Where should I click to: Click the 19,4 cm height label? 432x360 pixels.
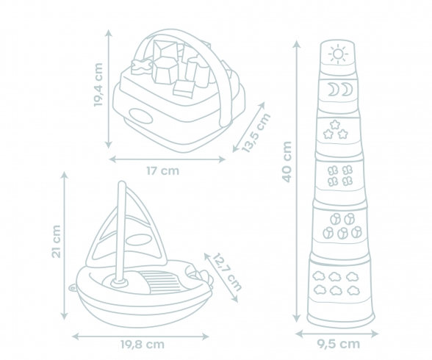98,84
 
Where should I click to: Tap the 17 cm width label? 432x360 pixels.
163,171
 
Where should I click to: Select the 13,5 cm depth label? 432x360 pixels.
256,132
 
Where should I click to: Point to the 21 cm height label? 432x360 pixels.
57,241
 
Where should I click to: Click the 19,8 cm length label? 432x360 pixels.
143,345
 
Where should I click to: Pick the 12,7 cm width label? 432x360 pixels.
227,271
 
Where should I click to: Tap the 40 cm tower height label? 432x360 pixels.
287,162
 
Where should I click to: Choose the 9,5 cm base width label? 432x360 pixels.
338,344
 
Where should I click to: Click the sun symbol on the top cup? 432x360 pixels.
338,54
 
